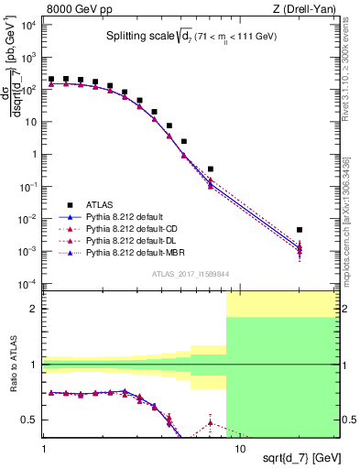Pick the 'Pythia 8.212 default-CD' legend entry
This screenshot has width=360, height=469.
127,228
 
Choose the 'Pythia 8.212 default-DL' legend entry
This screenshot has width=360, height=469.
127,240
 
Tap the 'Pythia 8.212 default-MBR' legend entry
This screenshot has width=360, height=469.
130,252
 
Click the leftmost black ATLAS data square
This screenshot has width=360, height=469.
51,80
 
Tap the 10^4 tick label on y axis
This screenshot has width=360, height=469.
26,25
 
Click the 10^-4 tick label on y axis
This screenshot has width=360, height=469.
26,283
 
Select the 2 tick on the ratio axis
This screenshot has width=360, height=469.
36,309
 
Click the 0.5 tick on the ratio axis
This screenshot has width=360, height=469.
32,420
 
